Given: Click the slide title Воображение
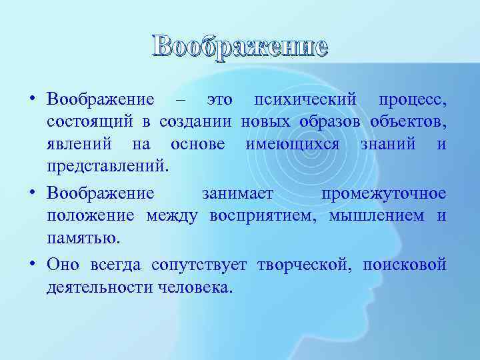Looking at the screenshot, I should tap(240, 46).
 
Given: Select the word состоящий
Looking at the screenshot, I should tap(89, 123).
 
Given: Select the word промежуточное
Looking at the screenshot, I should tap(383, 193).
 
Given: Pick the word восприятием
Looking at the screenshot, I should tap(269, 216).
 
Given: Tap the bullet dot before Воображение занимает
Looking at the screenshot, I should tap(33, 193).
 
